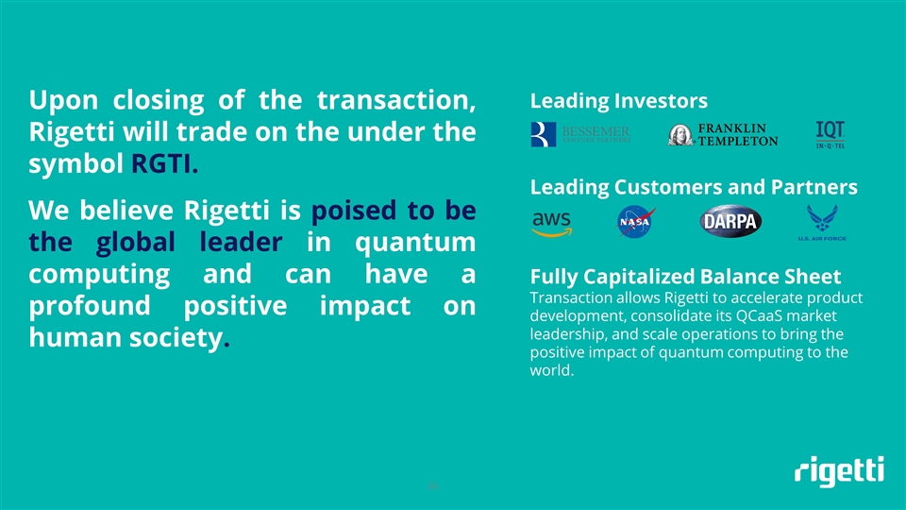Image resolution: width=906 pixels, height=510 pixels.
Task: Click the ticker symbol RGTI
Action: click(162, 165)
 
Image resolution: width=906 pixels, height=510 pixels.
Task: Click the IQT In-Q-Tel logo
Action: click(830, 134)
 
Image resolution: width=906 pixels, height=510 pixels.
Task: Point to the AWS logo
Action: click(552, 222)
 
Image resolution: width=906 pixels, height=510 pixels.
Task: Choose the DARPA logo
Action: click(731, 223)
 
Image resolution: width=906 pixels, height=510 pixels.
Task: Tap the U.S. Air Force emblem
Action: click(826, 224)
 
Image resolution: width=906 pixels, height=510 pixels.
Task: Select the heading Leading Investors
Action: click(619, 101)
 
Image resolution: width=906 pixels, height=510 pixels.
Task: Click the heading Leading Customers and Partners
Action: click(694, 187)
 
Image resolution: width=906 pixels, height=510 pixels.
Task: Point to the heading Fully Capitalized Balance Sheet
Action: click(685, 277)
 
